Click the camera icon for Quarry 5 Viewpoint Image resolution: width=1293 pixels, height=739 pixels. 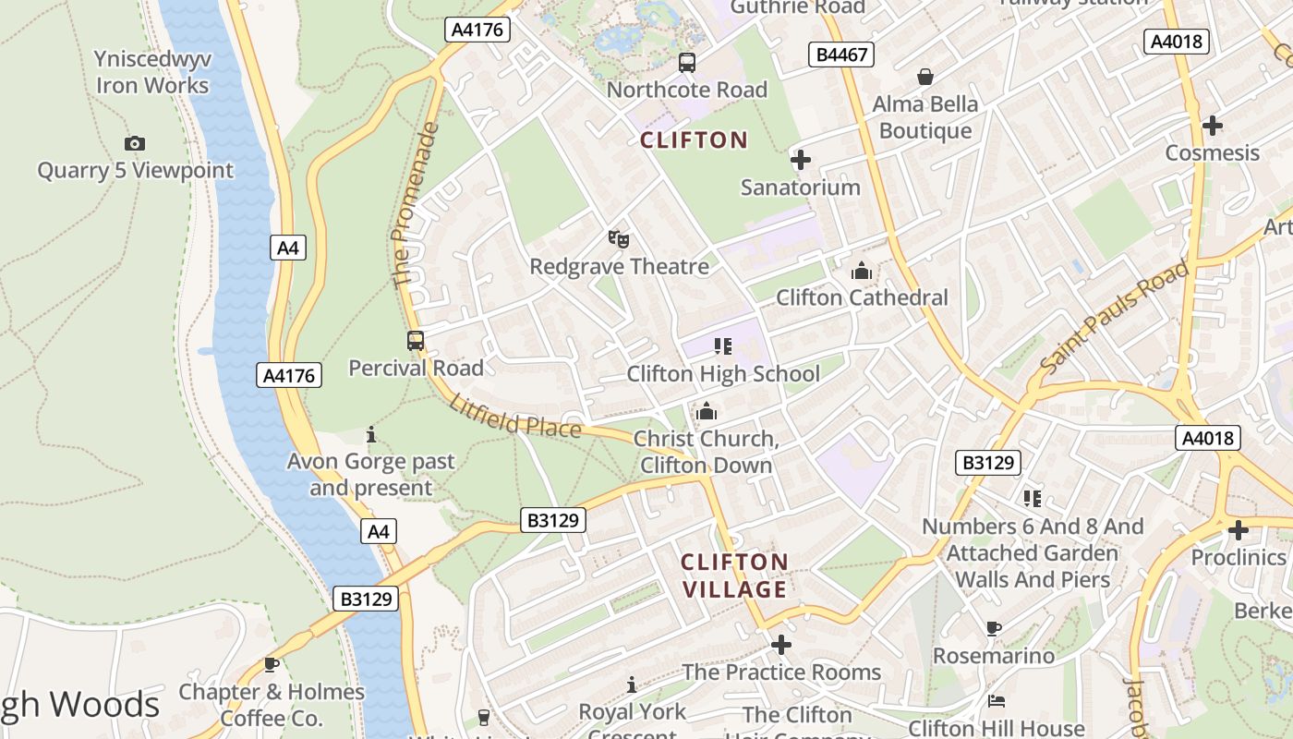[135, 143]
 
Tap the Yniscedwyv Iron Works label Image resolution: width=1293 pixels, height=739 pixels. [153, 73]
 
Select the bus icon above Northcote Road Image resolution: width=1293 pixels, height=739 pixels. [687, 63]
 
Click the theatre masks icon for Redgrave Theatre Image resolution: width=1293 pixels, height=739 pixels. [619, 239]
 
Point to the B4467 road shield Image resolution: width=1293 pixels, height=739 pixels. [841, 55]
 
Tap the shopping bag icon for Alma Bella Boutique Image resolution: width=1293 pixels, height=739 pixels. [924, 77]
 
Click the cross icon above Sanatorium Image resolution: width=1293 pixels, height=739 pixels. [801, 160]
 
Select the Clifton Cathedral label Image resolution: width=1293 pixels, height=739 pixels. [862, 297]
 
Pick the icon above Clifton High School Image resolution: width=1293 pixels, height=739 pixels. [723, 346]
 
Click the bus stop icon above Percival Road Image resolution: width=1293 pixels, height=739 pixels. [416, 341]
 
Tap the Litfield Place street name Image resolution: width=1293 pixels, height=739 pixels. [515, 416]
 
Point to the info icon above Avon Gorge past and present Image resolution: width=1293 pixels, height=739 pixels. [371, 433]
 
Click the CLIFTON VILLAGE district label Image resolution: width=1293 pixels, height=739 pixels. [735, 575]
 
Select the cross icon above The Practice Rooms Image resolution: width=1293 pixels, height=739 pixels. [781, 644]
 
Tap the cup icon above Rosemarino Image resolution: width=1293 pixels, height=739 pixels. [994, 629]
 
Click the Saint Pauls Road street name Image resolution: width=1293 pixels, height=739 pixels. [1114, 317]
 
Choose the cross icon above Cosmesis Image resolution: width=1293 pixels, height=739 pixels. [1213, 125]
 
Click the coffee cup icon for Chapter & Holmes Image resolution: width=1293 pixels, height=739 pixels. [272, 664]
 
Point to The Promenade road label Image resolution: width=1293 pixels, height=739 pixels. [414, 205]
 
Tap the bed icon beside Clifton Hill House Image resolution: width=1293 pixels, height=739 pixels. [996, 701]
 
